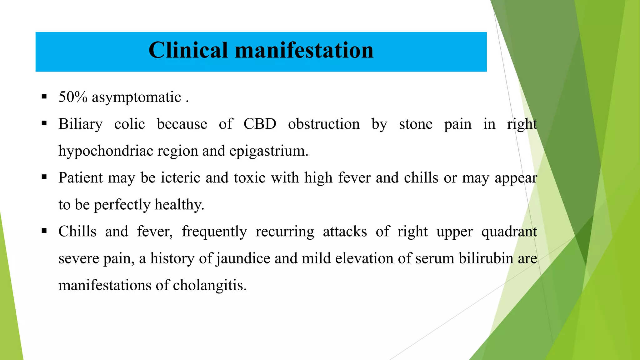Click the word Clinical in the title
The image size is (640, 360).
point(188,50)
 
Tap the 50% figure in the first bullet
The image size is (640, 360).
point(73,97)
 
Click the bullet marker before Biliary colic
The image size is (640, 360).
point(44,123)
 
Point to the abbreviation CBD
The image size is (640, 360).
point(260,124)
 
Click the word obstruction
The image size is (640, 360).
point(324,124)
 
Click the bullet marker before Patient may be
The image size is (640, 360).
point(44,177)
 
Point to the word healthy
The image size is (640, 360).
point(179,205)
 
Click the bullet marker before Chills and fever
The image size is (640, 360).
point(44,231)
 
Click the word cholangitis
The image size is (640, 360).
point(209,285)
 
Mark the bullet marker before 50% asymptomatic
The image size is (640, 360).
point(44,96)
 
